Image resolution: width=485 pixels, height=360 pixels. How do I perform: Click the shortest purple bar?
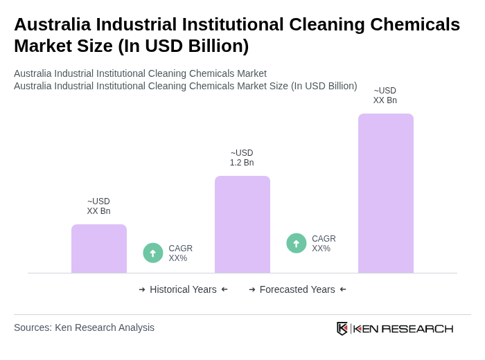tap(98, 249)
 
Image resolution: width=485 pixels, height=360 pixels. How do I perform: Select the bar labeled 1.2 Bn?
tap(242, 224)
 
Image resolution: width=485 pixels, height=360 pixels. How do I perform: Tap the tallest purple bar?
tap(385, 193)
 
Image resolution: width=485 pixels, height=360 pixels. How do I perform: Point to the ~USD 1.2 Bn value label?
tap(242, 158)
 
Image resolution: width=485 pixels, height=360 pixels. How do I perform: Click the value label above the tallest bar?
tap(385, 96)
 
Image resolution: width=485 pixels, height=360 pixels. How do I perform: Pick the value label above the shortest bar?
tap(98, 206)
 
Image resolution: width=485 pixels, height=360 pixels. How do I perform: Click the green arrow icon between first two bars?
tap(153, 253)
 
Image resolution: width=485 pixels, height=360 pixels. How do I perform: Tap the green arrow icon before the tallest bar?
tap(297, 243)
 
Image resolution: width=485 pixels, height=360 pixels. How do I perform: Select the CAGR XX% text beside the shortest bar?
tap(181, 253)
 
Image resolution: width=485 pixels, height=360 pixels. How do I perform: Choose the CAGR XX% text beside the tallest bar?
tap(324, 244)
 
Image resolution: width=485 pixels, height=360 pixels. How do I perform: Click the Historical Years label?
tap(183, 289)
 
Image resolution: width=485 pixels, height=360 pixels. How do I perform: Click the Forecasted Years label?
tap(297, 289)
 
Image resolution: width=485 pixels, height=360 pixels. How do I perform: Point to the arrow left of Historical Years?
tap(142, 289)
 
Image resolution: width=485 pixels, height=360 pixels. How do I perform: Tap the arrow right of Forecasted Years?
tap(343, 289)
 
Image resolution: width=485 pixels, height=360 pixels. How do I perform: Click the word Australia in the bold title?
tap(52, 24)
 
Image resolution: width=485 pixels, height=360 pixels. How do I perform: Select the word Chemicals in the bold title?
tap(415, 24)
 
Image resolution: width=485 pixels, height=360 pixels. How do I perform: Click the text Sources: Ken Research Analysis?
tap(84, 327)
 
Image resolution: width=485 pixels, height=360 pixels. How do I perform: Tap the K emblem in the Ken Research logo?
tap(342, 328)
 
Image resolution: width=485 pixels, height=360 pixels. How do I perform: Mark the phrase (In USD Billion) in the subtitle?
tap(324, 86)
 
